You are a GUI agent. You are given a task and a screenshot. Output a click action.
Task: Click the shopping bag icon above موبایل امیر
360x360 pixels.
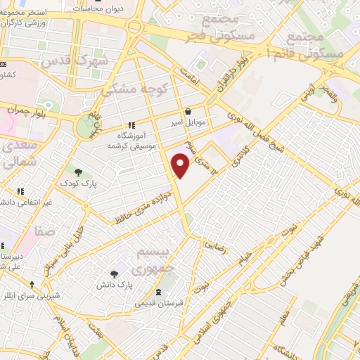click(x=188, y=111)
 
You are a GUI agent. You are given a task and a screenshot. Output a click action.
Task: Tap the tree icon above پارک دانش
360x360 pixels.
click(x=115, y=274)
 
